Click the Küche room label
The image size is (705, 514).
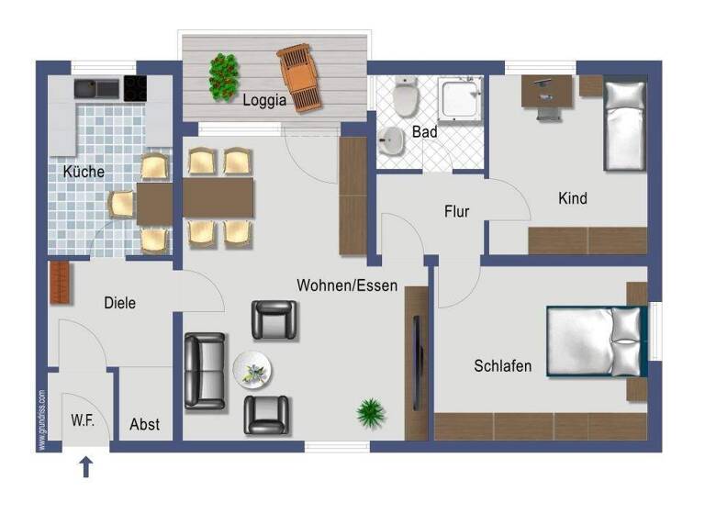(x=84, y=172)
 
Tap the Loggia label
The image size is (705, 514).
(x=264, y=100)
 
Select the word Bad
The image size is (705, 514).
(x=424, y=132)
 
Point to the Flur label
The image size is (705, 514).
(x=456, y=212)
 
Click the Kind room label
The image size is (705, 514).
(x=572, y=198)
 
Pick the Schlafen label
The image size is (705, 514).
(x=502, y=366)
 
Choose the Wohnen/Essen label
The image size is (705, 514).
(x=347, y=285)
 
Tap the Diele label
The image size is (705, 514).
(x=119, y=302)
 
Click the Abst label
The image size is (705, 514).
(x=144, y=424)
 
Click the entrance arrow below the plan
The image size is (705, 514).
(x=86, y=467)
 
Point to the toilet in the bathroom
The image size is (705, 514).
(x=405, y=95)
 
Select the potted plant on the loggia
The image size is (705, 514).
(x=222, y=77)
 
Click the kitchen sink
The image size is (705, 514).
(x=97, y=89)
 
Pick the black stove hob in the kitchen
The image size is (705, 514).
(x=135, y=89)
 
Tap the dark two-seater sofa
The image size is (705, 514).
(x=204, y=371)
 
